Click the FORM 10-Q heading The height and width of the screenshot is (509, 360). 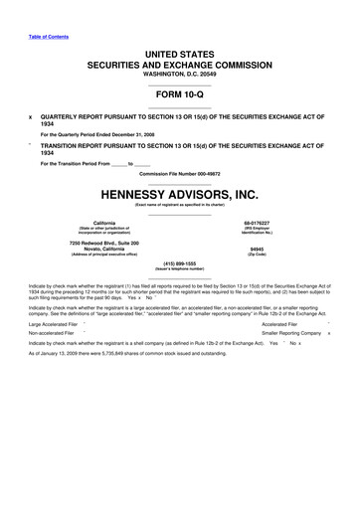(x=180, y=94)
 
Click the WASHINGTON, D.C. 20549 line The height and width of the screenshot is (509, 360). (x=180, y=72)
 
